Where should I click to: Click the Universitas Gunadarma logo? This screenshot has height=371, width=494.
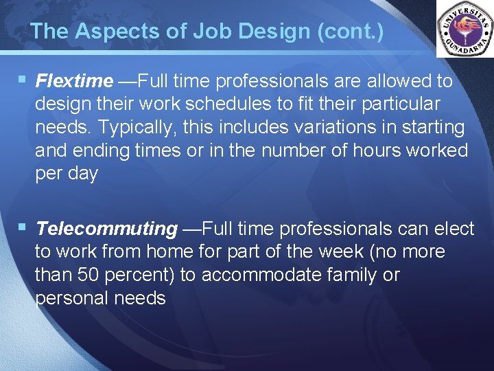coord(464,28)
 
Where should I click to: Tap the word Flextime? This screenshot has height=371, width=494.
coord(74,81)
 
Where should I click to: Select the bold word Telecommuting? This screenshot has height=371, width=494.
coord(106,228)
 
